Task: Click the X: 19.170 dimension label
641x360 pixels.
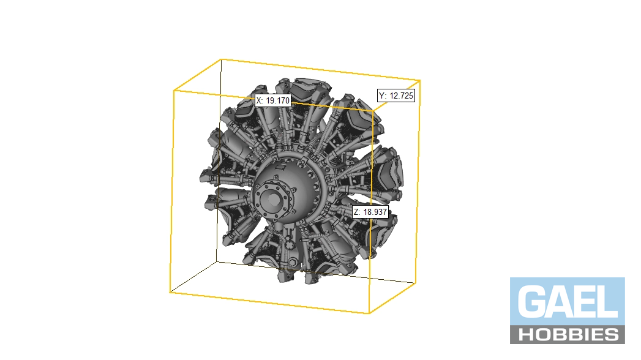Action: click(272, 100)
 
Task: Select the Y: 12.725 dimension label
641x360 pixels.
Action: click(395, 96)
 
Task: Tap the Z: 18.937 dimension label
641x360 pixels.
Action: click(370, 212)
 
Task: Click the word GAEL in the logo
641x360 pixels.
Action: click(568, 302)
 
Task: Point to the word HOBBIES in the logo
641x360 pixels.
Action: click(568, 335)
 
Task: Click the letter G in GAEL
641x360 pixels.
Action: click(531, 302)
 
